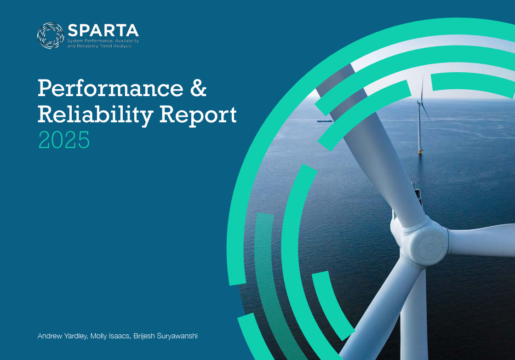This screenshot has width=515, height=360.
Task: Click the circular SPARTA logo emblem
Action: [x=51, y=36]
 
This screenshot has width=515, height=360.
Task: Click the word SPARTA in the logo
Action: [x=103, y=31]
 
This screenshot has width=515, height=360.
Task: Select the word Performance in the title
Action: [x=110, y=88]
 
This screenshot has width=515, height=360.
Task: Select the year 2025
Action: [x=63, y=140]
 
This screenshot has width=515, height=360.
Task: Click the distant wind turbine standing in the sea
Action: [x=420, y=124]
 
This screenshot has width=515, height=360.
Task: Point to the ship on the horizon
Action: [x=324, y=121]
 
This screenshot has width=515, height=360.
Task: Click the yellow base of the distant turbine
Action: [x=420, y=150]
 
